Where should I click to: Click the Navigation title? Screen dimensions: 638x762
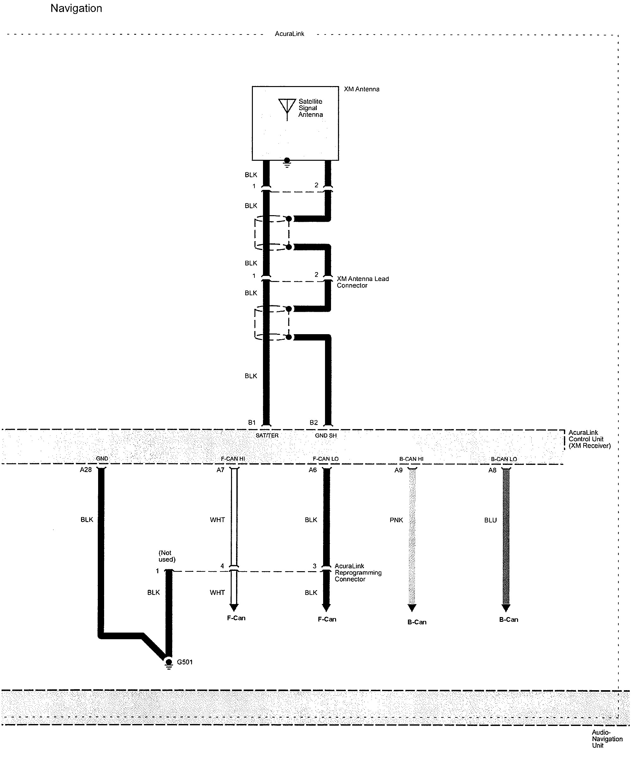[x=76, y=8]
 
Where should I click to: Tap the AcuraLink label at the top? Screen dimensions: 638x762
[x=289, y=34]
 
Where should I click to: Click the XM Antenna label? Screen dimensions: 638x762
[x=361, y=89]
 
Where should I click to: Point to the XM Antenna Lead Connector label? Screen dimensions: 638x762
[x=363, y=282]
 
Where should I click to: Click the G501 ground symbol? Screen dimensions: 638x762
[x=169, y=663]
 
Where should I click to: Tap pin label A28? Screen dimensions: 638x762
[x=86, y=470]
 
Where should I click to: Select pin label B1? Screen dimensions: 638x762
[x=252, y=422]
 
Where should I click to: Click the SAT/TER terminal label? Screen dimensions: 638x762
[x=267, y=435]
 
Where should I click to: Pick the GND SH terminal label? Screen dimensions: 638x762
[x=326, y=435]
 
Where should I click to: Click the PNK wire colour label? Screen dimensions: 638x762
[x=396, y=520]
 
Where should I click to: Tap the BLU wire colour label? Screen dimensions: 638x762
[x=490, y=520]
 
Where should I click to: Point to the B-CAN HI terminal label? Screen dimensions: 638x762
[x=411, y=459]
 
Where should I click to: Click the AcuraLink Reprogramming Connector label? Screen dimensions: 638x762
[x=358, y=572]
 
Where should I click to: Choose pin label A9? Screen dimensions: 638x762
[x=398, y=470]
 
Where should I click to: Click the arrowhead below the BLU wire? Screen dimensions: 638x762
[x=506, y=608]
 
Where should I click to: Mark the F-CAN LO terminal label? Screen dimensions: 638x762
[x=326, y=459]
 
